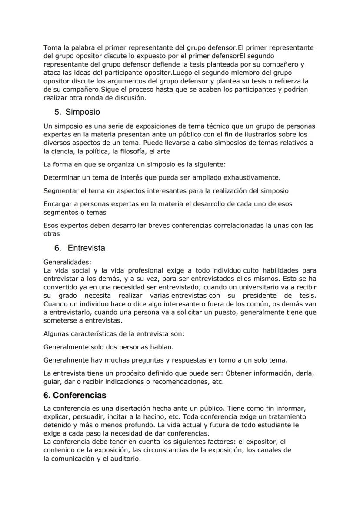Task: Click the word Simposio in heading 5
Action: (x=83, y=112)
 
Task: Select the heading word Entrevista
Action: (x=86, y=248)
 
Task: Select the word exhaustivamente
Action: (x=252, y=177)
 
